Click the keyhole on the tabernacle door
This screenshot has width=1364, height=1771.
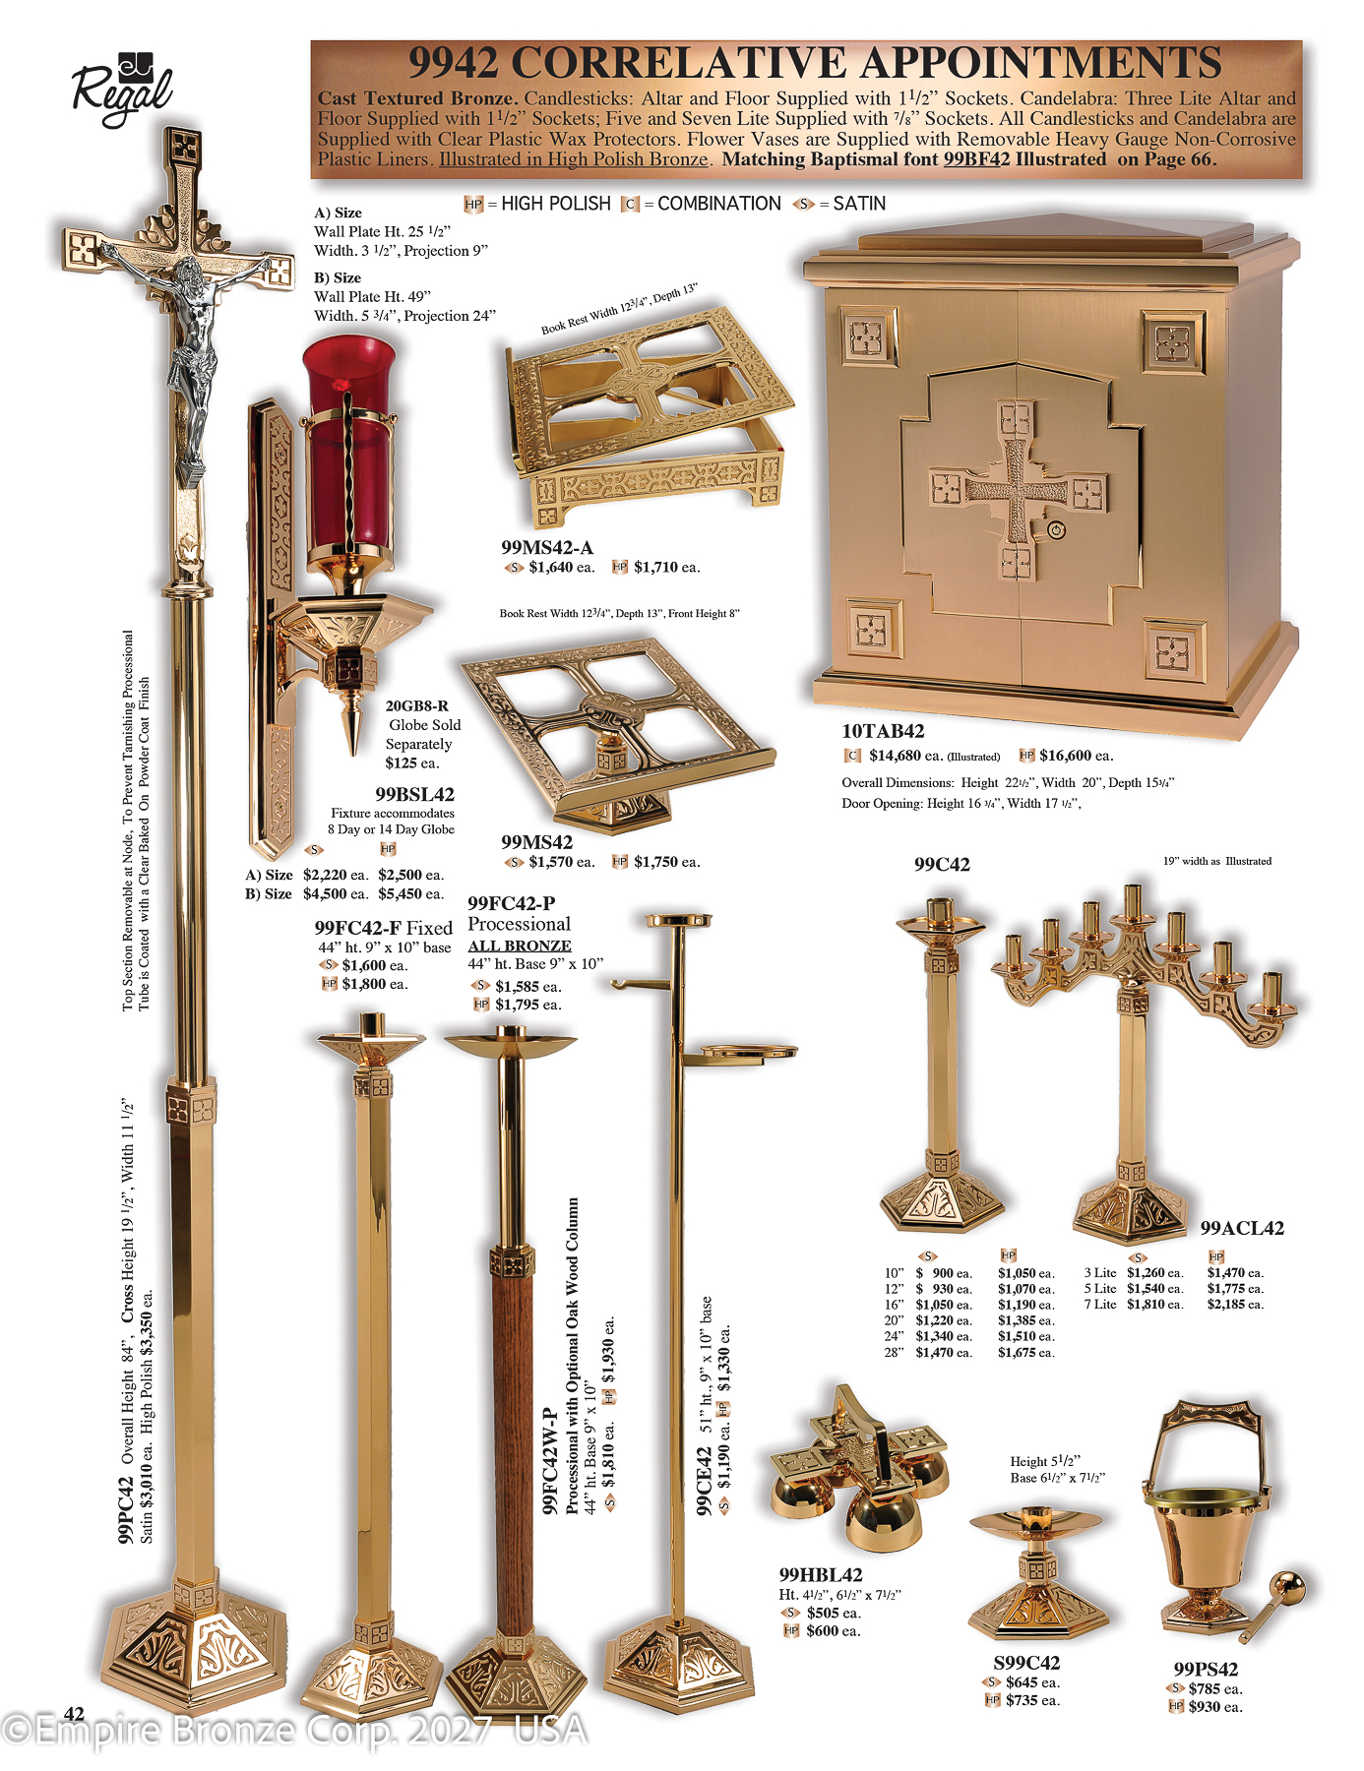tap(1057, 530)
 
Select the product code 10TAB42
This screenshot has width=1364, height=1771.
tap(883, 731)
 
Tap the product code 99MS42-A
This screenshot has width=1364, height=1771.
tap(547, 548)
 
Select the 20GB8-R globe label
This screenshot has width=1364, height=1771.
tap(417, 705)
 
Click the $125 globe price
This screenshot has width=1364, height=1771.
tap(412, 763)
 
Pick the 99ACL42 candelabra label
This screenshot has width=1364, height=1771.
tap(1242, 1228)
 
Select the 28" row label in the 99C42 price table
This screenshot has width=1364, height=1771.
tap(894, 1353)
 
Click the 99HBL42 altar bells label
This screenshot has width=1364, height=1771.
tap(821, 1575)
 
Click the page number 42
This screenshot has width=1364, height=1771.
tap(74, 1714)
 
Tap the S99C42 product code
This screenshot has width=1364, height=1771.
tap(1026, 1663)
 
